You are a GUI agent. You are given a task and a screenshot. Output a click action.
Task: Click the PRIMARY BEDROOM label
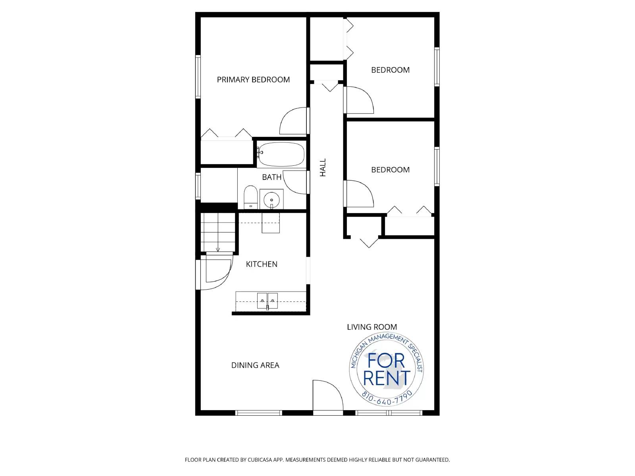coord(253,80)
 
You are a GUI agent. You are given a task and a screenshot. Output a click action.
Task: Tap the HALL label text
coord(323,167)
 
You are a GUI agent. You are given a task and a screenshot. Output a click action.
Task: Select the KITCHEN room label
coord(262,264)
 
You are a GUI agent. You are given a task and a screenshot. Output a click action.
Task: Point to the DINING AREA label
coord(255,365)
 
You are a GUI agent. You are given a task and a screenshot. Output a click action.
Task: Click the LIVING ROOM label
coord(372,327)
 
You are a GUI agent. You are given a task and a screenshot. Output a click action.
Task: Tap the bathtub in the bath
coord(281,155)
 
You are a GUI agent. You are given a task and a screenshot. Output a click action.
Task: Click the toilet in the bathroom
coord(250,197)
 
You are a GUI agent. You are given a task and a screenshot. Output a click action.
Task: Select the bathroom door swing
coord(296,182)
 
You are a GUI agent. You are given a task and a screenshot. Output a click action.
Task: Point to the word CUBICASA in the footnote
coord(261,460)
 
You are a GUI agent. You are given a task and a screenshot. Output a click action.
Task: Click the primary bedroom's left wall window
coord(197,77)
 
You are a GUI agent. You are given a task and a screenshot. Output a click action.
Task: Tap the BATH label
coord(272,177)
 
